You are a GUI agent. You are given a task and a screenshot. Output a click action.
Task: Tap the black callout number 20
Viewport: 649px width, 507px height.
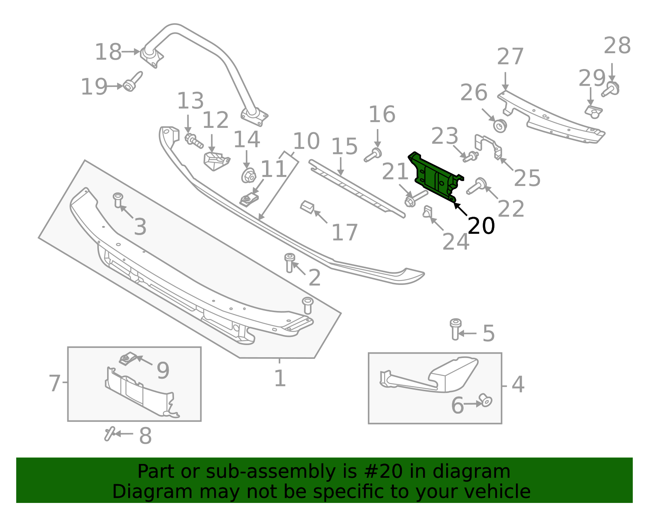481,226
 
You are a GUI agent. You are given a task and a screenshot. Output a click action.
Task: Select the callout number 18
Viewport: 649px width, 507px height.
108,52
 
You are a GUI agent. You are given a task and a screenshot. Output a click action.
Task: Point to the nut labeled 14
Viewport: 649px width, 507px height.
248,176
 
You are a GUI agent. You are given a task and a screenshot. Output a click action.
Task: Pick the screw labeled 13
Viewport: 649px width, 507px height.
193,140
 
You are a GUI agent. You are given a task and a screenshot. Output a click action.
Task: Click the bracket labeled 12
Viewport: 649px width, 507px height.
215,160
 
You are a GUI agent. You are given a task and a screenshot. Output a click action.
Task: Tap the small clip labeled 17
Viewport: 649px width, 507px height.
307,207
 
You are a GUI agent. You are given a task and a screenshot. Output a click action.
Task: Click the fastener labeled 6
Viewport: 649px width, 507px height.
485,400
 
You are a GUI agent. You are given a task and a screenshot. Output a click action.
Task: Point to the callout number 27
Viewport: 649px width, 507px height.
510,57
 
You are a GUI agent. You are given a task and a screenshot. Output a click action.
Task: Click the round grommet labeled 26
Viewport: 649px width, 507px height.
500,125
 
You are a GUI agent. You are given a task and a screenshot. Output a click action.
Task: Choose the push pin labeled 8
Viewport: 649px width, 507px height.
109,434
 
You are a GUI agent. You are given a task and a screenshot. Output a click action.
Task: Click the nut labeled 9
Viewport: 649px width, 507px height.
127,359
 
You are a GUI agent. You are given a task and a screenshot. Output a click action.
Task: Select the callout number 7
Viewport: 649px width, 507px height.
54,383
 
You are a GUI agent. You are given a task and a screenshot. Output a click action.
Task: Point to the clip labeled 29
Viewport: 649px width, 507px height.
593,111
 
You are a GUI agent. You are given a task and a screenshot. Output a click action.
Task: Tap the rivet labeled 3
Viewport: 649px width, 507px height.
118,200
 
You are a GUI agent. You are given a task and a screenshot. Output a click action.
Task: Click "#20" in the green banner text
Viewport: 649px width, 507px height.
380,472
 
